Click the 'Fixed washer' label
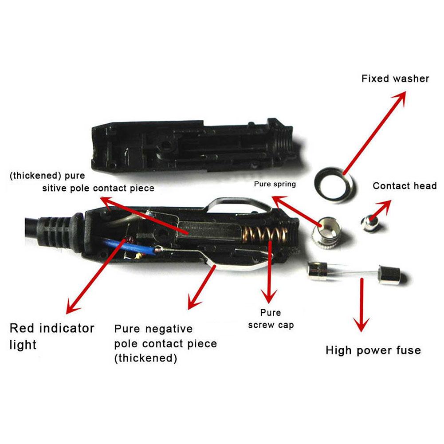coord(395,79)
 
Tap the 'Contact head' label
coord(405,186)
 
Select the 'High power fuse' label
coord(373,350)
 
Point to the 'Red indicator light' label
coord(52,336)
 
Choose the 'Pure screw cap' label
coord(271,319)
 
